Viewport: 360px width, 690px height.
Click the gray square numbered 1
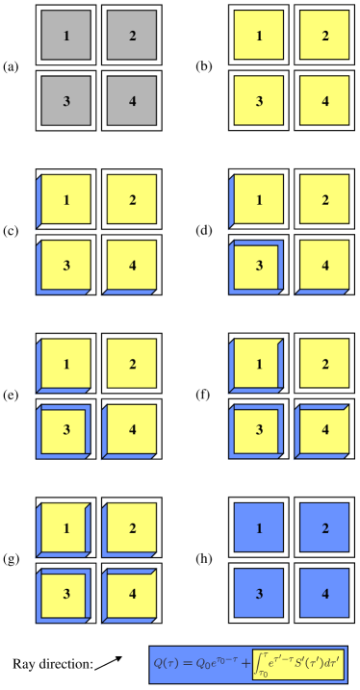[x=66, y=37]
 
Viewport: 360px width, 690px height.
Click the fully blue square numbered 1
[x=260, y=529]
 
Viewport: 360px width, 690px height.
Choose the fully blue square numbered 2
[x=325, y=529]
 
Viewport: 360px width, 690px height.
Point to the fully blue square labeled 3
[x=260, y=593]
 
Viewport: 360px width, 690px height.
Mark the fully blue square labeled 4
[x=325, y=593]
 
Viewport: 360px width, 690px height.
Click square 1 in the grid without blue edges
[x=260, y=37]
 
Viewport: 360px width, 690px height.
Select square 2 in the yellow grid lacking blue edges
[x=325, y=37]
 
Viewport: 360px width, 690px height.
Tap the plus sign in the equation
[x=247, y=663]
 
